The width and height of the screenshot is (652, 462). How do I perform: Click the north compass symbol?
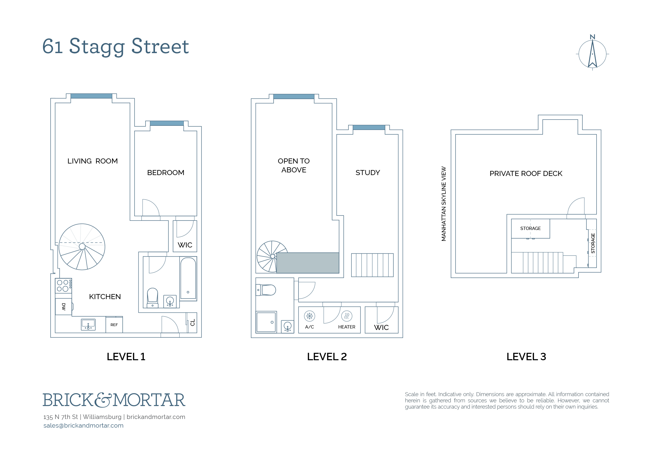(x=592, y=53)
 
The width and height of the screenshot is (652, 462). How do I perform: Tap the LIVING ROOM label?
(x=92, y=161)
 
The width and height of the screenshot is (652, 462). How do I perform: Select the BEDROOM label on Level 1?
(x=166, y=173)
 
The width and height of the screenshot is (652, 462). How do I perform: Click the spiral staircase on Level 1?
(x=82, y=247)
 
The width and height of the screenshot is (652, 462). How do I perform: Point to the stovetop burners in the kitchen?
(x=63, y=286)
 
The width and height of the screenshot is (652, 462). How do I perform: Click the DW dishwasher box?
(x=64, y=307)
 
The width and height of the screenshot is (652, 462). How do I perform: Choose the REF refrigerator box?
(x=114, y=325)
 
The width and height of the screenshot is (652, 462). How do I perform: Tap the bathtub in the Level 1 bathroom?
(x=188, y=278)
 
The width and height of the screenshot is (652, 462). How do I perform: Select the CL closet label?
(x=193, y=323)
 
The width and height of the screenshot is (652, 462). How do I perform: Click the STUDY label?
(x=368, y=173)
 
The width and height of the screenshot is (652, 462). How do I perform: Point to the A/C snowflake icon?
(x=310, y=316)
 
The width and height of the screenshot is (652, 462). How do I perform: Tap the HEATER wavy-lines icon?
(x=347, y=316)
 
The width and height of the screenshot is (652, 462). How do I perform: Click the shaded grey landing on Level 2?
(x=308, y=263)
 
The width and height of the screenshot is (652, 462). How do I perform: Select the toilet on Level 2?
(x=266, y=290)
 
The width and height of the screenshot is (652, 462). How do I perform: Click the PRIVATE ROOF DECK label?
(x=526, y=174)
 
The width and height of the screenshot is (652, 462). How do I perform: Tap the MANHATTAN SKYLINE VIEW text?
(x=444, y=204)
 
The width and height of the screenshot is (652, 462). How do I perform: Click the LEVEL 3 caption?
(x=526, y=357)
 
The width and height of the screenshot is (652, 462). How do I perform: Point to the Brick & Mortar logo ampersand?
(x=103, y=400)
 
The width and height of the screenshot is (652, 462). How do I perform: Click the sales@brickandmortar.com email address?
(x=84, y=426)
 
